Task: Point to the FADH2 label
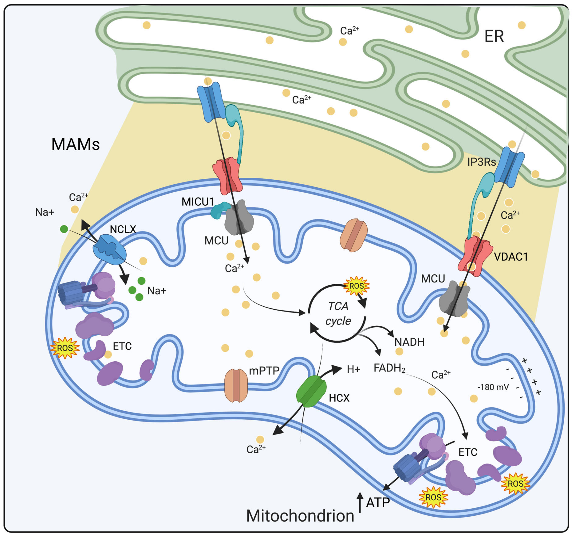[x=389, y=368]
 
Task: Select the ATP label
[x=378, y=503]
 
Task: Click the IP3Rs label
[x=481, y=162]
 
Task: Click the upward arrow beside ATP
[x=360, y=502]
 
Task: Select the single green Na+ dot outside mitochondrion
[x=64, y=229]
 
